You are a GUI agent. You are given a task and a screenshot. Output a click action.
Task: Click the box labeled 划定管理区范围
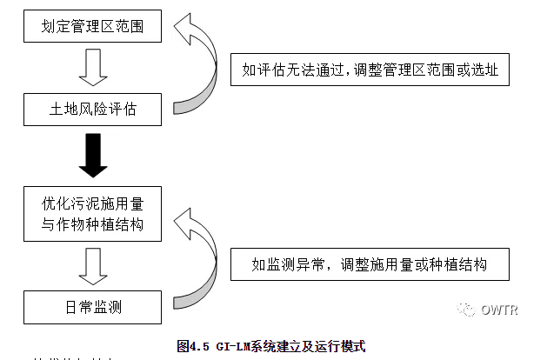92,27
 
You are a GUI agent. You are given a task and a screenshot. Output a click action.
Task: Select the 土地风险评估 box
92,111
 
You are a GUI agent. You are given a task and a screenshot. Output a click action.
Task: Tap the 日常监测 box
92,307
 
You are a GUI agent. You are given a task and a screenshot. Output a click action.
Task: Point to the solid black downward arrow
92,157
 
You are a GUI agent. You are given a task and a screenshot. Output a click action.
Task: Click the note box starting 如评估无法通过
370,70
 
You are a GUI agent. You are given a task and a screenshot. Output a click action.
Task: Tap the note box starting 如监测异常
370,263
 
